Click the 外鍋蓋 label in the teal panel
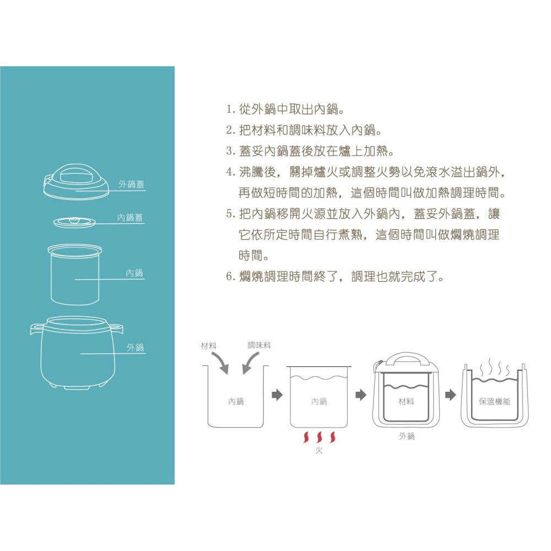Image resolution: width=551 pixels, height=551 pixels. (131, 184)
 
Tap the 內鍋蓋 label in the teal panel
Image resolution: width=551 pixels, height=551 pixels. (130, 218)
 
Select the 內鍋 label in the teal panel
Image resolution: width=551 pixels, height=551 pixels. (134, 273)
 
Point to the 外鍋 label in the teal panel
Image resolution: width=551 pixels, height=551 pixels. (136, 347)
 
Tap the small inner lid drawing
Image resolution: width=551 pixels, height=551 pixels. (74, 222)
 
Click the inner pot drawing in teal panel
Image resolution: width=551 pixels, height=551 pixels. (75, 274)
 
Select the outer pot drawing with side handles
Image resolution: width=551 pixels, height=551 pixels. (77, 353)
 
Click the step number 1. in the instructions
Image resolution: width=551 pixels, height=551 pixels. (230, 110)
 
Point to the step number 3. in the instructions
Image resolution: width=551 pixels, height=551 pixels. (230, 151)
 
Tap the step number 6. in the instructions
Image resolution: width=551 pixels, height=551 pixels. (230, 277)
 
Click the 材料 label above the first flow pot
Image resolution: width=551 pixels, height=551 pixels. (209, 345)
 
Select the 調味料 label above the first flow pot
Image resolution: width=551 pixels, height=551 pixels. (260, 345)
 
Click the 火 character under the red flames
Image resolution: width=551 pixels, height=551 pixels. (318, 450)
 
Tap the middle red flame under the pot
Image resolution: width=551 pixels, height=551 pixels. (320, 437)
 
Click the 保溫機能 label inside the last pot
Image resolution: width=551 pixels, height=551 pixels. (494, 401)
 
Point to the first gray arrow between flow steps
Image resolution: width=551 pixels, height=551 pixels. (277, 395)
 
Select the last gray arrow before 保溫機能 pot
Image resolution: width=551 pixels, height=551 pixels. (451, 395)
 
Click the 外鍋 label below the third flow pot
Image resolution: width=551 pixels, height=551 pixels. (407, 436)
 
